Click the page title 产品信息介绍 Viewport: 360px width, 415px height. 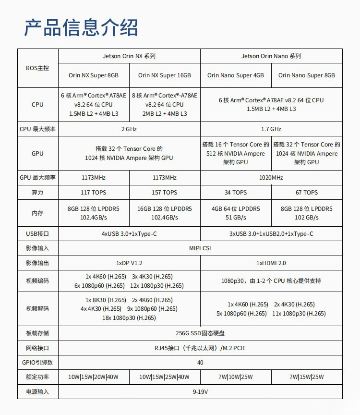[81, 27]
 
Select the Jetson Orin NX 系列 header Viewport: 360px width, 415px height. [129, 56]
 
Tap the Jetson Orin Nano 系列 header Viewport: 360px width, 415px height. [271, 56]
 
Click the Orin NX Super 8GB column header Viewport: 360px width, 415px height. [94, 75]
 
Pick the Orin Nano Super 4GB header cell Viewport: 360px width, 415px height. [236, 75]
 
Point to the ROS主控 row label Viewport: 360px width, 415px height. [37, 68]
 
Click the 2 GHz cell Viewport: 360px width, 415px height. [129, 129]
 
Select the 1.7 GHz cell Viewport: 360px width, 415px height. [271, 129]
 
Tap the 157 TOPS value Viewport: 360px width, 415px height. [165, 193]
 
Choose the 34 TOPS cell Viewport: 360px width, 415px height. [236, 193]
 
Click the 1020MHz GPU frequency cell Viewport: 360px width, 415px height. [271, 178]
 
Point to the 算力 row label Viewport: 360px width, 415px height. [37, 193]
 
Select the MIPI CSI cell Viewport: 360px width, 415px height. [200, 248]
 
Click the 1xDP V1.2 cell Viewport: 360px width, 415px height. [129, 263]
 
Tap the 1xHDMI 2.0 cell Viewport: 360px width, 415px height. [271, 263]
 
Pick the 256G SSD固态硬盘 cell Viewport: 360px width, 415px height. [200, 333]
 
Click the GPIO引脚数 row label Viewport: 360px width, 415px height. [37, 363]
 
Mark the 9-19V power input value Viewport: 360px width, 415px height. [200, 392]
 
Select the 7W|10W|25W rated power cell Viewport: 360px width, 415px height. [236, 377]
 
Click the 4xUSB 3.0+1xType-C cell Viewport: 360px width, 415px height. [129, 234]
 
